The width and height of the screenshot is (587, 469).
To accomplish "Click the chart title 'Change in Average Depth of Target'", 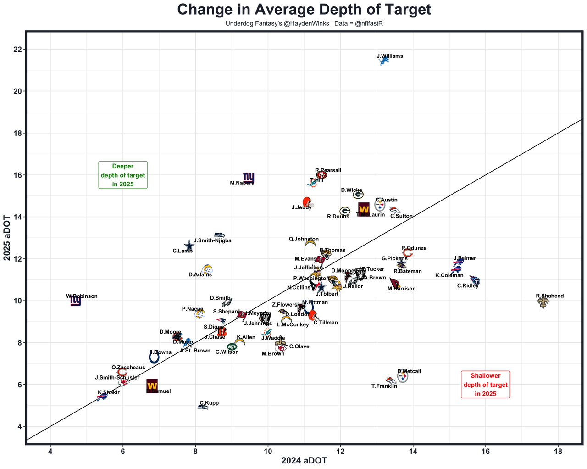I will coord(304,10).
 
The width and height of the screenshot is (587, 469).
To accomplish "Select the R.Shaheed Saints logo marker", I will coord(543,302).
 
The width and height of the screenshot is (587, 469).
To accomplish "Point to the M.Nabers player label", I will coord(242,183).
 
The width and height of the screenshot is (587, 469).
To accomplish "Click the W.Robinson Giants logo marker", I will coord(76,301).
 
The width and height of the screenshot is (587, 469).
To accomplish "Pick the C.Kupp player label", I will coord(209,403).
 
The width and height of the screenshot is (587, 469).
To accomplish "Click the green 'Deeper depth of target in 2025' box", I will coord(123,175).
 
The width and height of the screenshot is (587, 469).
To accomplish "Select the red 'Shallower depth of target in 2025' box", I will coord(486,385).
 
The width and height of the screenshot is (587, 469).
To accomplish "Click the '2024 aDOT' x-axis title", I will coord(304,461).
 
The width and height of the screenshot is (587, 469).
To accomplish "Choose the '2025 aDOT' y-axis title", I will coord(7,238).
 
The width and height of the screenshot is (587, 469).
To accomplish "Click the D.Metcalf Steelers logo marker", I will coord(403,377).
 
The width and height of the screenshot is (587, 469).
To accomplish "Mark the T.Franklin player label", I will coord(384,386).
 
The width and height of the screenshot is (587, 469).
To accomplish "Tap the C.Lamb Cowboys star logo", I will coord(189,246).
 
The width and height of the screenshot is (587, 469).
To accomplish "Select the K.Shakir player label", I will coord(109,392).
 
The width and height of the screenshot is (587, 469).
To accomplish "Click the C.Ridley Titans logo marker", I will coord(475,280).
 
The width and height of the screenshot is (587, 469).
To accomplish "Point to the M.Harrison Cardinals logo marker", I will coord(394,283).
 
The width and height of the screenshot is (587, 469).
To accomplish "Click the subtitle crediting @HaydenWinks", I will coord(304,23).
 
